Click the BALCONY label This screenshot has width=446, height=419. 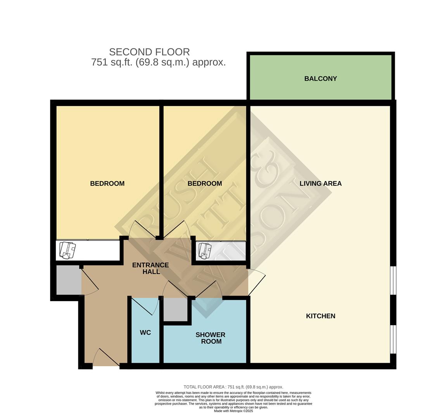(x=320, y=79)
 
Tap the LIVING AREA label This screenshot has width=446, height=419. (x=320, y=184)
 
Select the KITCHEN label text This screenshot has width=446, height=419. (x=320, y=316)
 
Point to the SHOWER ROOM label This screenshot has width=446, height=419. (x=210, y=338)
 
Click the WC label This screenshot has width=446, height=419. (x=145, y=332)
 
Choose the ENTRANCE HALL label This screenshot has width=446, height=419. (x=150, y=268)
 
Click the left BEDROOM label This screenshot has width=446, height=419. (x=107, y=184)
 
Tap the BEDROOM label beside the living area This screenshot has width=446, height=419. (x=204, y=184)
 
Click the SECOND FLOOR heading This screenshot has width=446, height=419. (x=149, y=52)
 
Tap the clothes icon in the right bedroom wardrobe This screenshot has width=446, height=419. (x=204, y=250)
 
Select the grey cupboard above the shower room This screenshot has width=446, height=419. (x=175, y=310)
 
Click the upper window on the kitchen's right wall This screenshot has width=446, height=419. (x=393, y=280)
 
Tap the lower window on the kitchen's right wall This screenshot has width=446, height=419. (x=393, y=339)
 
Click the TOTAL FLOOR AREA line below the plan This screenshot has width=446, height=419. (x=233, y=387)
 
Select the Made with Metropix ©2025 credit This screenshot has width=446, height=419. (x=233, y=411)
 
